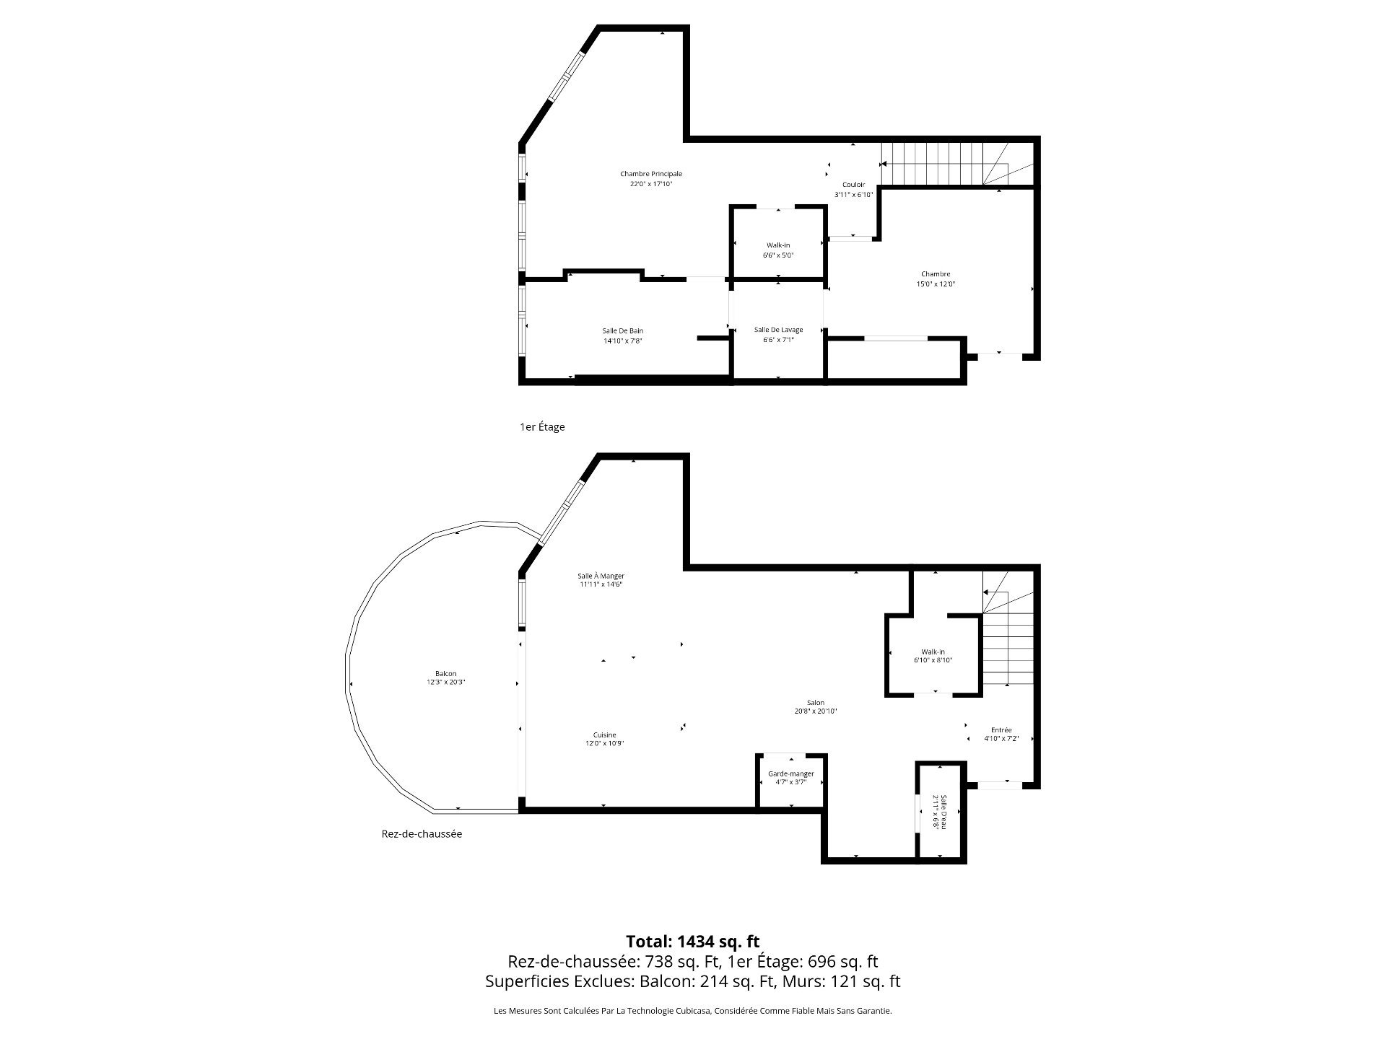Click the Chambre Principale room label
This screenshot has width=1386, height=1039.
tap(650, 174)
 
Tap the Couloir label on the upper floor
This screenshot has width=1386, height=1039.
tap(853, 185)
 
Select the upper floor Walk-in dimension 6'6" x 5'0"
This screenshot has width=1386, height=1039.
tap(778, 255)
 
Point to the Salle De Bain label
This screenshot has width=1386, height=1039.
tap(622, 331)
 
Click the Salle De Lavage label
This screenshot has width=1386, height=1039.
tap(778, 330)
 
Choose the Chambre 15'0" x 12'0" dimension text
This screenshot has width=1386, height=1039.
tap(935, 284)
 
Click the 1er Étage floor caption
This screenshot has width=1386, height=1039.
tap(542, 427)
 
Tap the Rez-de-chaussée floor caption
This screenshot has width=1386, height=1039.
tap(422, 834)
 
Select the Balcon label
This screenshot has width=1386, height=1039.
tap(445, 674)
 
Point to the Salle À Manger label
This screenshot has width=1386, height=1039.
tap(601, 576)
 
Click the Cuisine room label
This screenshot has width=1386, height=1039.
tap(604, 735)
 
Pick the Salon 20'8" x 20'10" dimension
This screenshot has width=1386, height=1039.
tap(816, 711)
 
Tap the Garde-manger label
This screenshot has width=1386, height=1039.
tap(791, 774)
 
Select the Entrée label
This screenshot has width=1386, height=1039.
tap(1001, 730)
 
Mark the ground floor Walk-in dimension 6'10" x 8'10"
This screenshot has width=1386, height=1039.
tap(933, 660)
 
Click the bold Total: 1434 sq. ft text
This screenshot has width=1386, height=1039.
tap(693, 942)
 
